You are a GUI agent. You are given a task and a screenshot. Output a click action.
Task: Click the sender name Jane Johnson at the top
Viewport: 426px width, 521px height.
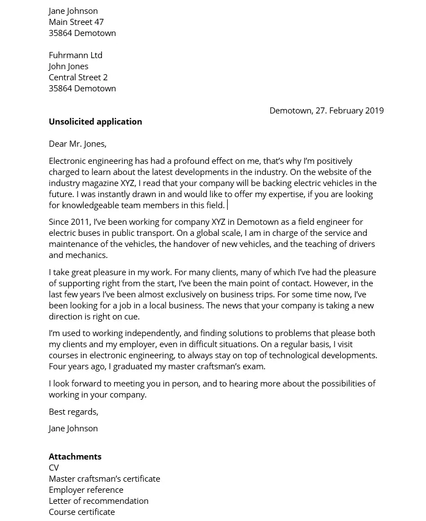[73, 11]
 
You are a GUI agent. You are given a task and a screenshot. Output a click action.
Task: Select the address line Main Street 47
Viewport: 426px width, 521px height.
[76, 22]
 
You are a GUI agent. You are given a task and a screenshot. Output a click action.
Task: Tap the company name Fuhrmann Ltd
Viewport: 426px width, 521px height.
[75, 55]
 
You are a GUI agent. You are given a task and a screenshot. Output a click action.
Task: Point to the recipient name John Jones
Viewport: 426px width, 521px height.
[68, 66]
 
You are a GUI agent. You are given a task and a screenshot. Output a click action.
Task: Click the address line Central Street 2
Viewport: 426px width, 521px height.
[78, 77]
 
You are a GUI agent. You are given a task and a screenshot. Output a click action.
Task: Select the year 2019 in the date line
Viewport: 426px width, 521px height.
[373, 110]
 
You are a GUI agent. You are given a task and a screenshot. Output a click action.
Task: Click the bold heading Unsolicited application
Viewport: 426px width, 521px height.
[95, 121]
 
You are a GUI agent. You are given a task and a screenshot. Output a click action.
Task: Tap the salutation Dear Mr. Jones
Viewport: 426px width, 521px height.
[78, 143]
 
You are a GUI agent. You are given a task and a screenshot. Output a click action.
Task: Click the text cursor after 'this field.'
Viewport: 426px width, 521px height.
[228, 205]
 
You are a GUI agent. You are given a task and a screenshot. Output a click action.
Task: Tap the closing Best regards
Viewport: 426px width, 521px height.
[73, 411]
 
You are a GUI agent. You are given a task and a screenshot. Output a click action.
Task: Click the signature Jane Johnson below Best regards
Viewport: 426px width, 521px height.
[73, 428]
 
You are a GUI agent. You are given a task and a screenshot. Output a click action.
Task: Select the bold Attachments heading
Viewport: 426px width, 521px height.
[75, 456]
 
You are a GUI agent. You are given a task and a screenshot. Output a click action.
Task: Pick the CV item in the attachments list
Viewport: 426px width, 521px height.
[54, 467]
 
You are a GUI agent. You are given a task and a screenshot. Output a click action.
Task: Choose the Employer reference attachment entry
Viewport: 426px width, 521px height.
[86, 489]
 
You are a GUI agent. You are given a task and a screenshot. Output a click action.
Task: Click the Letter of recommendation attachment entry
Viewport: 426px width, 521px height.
[99, 501]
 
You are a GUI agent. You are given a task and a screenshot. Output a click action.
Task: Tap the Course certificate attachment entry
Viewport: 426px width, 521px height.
[81, 512]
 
